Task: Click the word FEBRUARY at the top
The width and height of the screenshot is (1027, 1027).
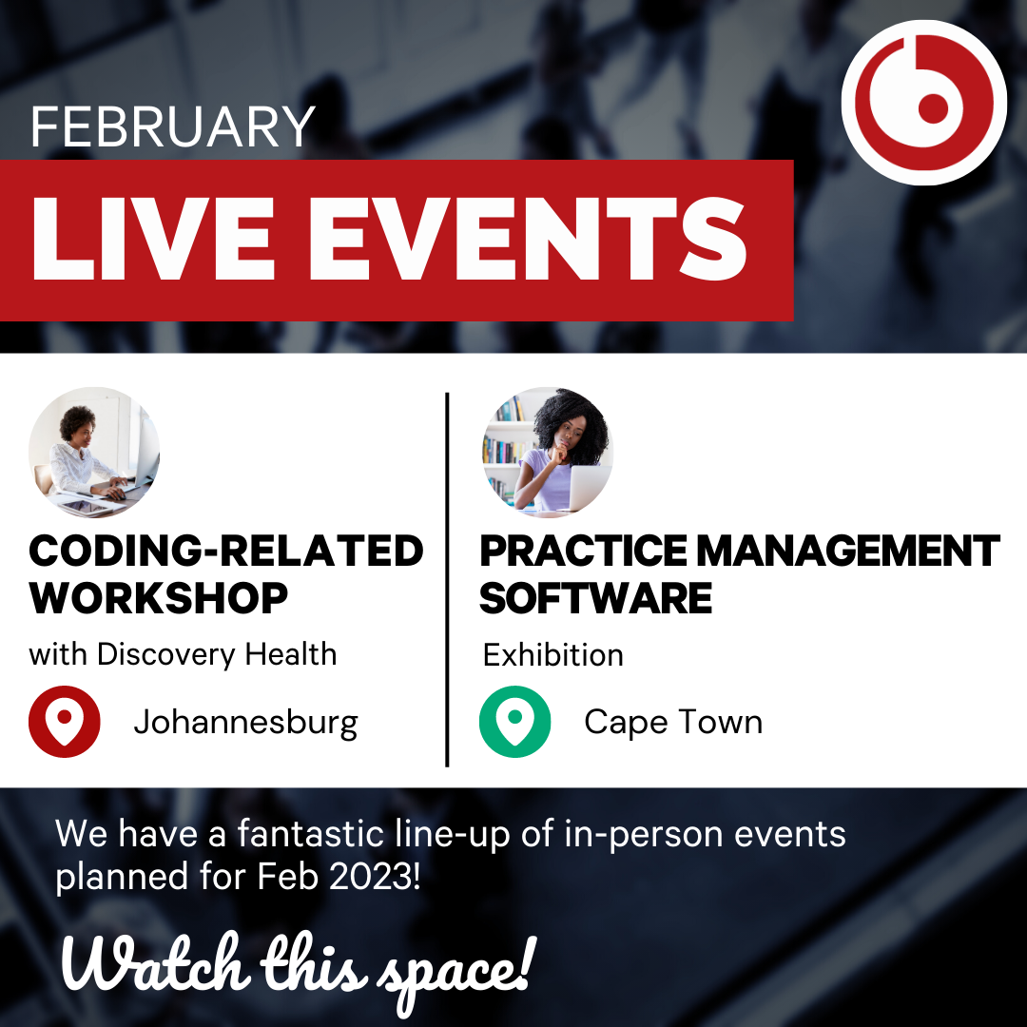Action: tap(173, 126)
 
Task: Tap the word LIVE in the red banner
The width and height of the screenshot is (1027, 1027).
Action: tap(152, 239)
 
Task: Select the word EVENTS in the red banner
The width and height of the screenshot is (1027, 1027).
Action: tap(528, 239)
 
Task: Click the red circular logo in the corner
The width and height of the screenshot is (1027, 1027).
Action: tap(923, 103)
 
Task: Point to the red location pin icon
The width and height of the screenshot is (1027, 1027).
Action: tap(65, 721)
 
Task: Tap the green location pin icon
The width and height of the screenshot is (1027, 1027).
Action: tap(514, 721)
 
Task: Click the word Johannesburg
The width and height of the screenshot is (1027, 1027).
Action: tap(245, 723)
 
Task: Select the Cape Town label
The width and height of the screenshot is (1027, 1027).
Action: tap(673, 723)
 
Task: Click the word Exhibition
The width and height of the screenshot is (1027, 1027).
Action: tap(552, 655)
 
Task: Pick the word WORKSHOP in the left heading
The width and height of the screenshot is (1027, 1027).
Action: tap(159, 598)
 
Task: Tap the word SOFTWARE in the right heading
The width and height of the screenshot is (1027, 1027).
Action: tap(595, 598)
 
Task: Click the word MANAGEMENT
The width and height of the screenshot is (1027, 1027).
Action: tap(847, 551)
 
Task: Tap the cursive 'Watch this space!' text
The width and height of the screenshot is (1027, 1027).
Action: tap(299, 967)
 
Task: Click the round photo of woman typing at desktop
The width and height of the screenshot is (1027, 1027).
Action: tap(94, 453)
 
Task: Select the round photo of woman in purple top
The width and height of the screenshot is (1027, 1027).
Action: tap(548, 453)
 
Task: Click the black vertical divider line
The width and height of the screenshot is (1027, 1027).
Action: tap(447, 580)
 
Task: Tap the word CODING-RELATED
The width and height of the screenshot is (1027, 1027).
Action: tap(226, 551)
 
